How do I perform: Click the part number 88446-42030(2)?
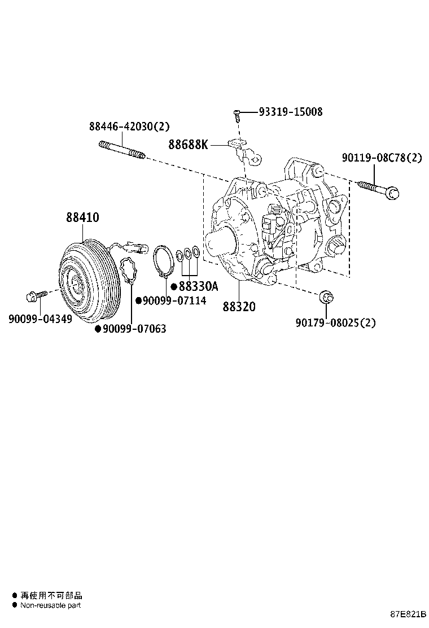click(129, 127)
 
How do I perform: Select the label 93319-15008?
click(291, 112)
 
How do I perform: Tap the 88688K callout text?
click(188, 145)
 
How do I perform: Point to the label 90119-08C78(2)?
click(381, 158)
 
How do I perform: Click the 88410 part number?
click(82, 217)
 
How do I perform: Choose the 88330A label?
click(198, 286)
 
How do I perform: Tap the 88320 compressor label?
click(238, 307)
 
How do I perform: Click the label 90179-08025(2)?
click(335, 322)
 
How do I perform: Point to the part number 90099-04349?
click(40, 319)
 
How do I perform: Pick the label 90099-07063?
click(134, 329)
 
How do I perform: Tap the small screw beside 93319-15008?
click(238, 115)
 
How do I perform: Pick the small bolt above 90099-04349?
click(32, 296)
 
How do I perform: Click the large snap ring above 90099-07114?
click(164, 261)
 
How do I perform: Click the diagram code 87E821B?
click(408, 613)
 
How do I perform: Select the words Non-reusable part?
click(51, 605)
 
